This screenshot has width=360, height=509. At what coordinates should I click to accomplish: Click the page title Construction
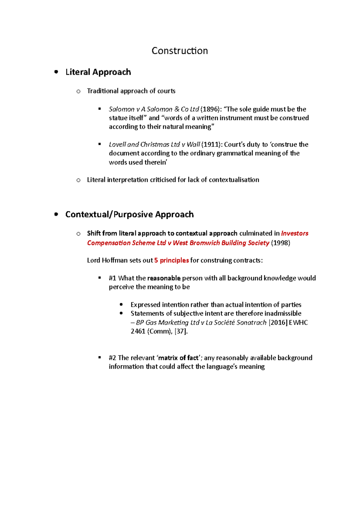[179, 51]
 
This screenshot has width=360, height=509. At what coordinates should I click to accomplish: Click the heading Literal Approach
[98, 72]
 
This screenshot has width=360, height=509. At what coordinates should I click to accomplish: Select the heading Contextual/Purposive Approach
[129, 215]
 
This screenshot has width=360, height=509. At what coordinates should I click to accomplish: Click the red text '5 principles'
[171, 260]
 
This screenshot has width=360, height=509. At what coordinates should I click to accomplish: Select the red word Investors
[295, 233]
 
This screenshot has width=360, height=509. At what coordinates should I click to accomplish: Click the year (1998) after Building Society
[280, 243]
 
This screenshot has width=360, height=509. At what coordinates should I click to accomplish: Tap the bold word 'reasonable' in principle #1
[164, 278]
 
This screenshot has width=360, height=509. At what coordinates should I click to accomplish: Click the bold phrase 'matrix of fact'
[178, 358]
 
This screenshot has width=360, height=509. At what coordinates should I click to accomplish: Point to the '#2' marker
[112, 358]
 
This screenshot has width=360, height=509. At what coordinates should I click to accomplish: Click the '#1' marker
[112, 278]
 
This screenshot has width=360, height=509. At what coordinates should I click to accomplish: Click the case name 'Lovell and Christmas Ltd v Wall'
[154, 144]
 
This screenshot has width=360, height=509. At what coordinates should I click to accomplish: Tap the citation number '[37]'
[181, 331]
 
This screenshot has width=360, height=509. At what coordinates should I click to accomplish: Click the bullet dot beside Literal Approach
[56, 72]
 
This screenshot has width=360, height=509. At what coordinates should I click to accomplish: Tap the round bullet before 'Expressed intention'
[121, 305]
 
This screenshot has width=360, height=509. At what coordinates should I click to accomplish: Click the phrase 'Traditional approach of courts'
[131, 91]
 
